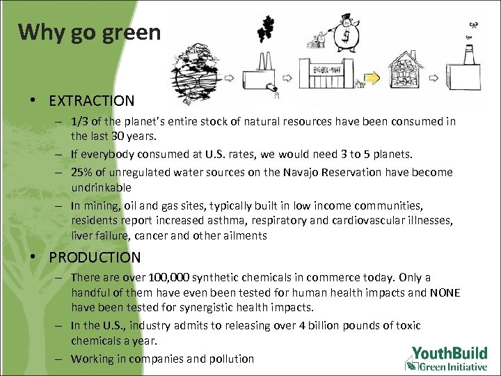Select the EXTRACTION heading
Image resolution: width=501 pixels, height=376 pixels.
pos(91,101)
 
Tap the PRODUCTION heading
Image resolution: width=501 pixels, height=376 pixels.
pos(95,258)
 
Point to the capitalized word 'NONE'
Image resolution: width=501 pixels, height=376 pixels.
pos(444,293)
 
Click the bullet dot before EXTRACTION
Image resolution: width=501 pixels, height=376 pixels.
pos(33,102)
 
